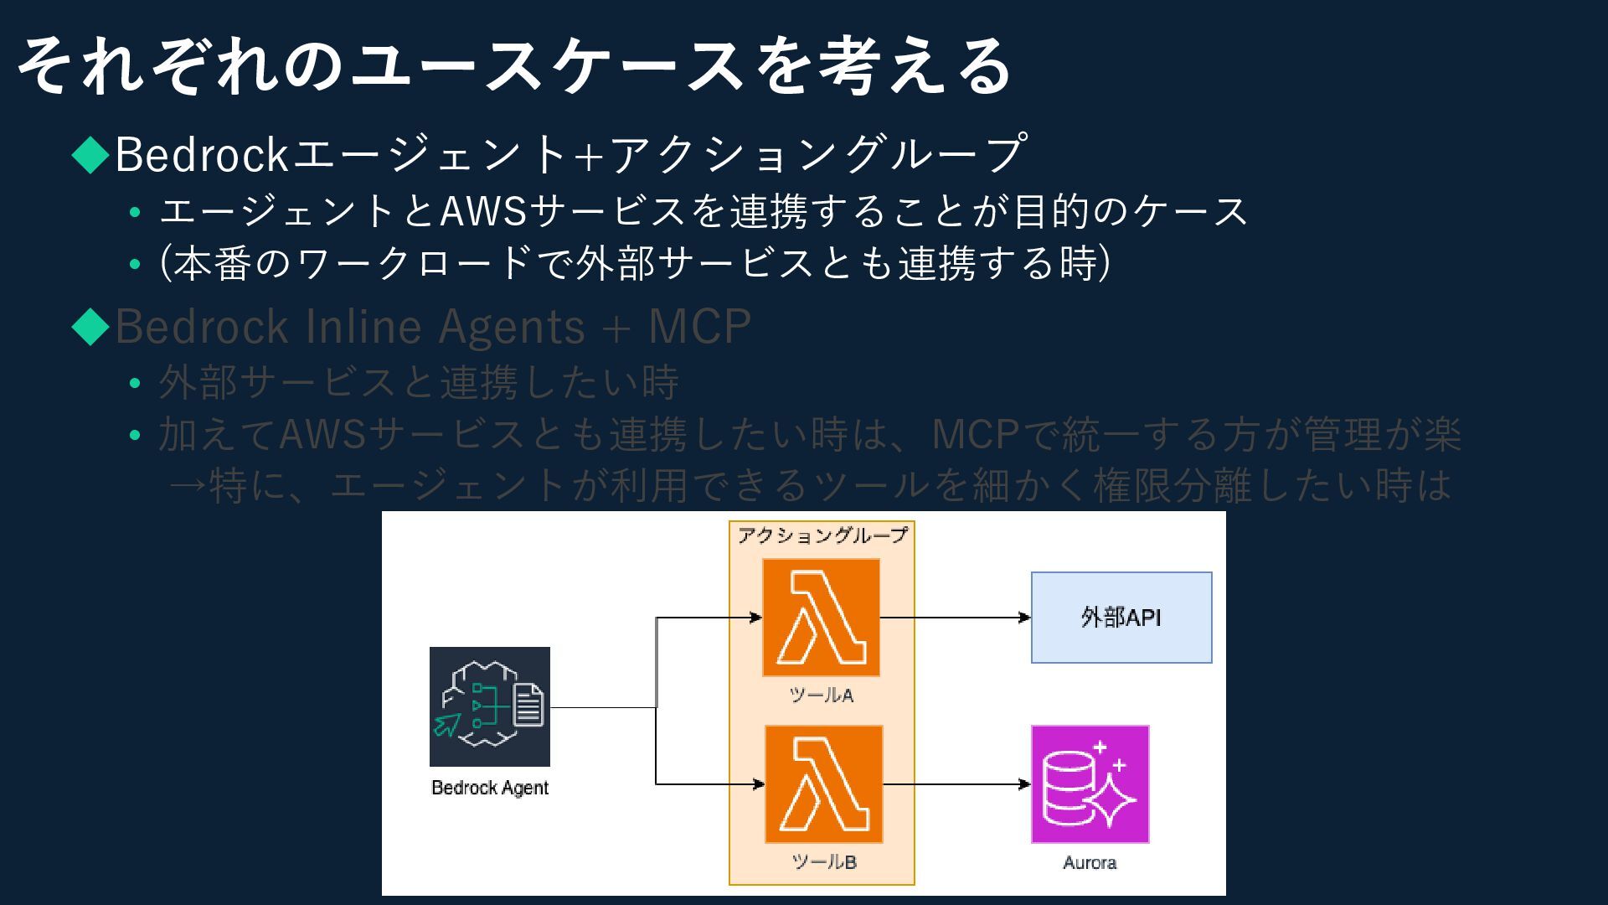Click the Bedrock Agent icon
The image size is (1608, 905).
pos(489,706)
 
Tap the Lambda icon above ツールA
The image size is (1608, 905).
pos(821,618)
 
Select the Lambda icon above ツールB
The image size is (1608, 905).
pos(823,784)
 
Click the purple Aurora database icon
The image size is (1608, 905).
pos(1090,784)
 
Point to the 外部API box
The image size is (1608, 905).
pos(1121,618)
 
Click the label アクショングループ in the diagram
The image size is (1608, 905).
pos(822,535)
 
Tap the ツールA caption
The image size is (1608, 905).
pos(821,696)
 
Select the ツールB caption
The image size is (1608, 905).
pos(823,862)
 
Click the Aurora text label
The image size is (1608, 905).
pos(1090,863)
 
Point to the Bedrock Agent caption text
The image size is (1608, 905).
pos(489,788)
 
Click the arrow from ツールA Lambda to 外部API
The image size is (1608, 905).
pos(955,618)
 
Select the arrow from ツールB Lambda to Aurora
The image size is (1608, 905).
pos(956,784)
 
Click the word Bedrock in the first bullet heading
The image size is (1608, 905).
pos(202,154)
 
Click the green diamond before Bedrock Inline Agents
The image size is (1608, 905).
pos(90,327)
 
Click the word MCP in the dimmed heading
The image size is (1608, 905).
pos(699,327)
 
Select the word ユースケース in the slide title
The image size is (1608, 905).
pos(544,65)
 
